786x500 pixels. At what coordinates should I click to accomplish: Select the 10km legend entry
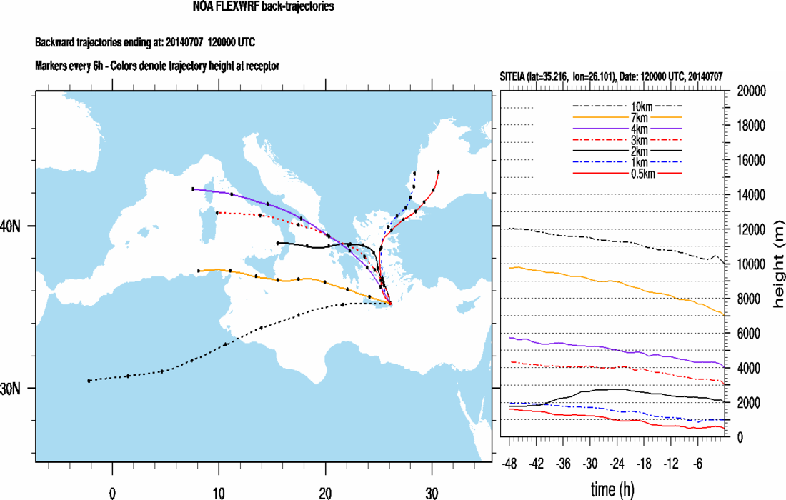point(628,106)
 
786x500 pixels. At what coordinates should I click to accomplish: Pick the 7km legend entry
point(628,117)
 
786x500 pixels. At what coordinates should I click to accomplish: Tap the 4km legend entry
point(628,129)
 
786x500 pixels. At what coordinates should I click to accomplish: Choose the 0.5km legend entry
point(628,174)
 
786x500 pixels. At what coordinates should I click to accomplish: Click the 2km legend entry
point(628,151)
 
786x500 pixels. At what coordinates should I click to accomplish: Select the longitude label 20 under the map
point(326,492)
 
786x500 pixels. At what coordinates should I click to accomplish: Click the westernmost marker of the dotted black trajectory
point(89,381)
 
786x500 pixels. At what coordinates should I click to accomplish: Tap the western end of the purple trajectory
point(193,189)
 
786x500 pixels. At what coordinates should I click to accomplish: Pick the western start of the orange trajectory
point(199,271)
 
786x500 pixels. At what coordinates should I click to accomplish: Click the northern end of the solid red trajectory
point(438,172)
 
